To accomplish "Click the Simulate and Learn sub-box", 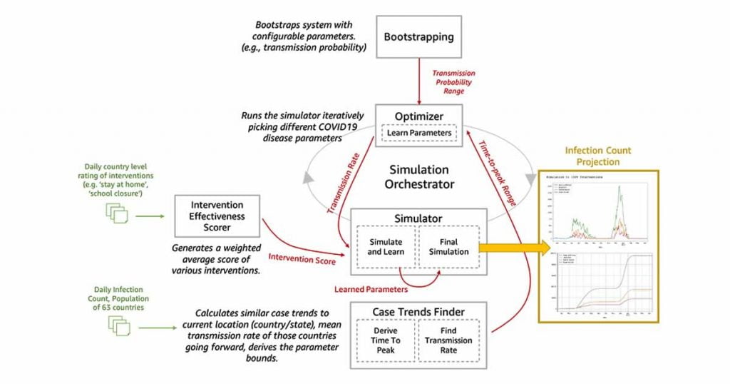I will (385, 247).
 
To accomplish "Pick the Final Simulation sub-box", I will (448, 247).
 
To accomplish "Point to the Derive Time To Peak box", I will (385, 340).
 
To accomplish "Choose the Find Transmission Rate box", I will (449, 340).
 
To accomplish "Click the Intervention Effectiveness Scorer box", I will (217, 216).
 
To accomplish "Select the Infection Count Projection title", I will (598, 156).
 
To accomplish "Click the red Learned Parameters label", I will (370, 289).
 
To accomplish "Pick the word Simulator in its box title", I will (418, 218).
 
